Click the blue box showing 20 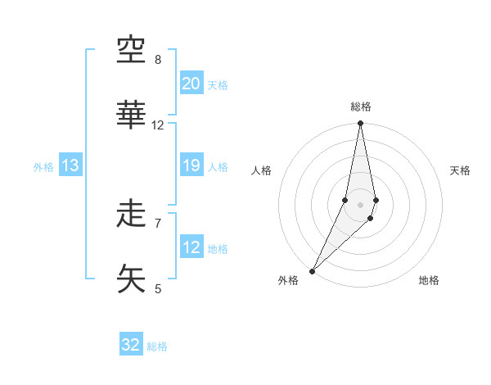191,84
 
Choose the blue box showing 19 191,165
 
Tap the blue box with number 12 191,247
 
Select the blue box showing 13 70,165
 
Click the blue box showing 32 131,345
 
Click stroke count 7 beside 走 158,222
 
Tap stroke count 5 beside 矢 158,288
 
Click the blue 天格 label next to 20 218,85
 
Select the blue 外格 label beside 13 43,167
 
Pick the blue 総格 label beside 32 157,346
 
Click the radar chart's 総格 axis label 360,106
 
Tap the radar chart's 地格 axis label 429,280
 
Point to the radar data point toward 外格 312,271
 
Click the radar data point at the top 360,123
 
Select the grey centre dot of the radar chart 360,204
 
